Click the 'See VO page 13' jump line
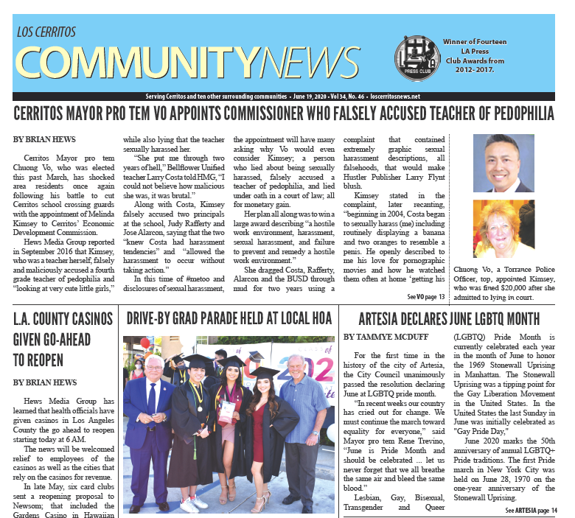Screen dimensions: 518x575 point(425,297)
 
